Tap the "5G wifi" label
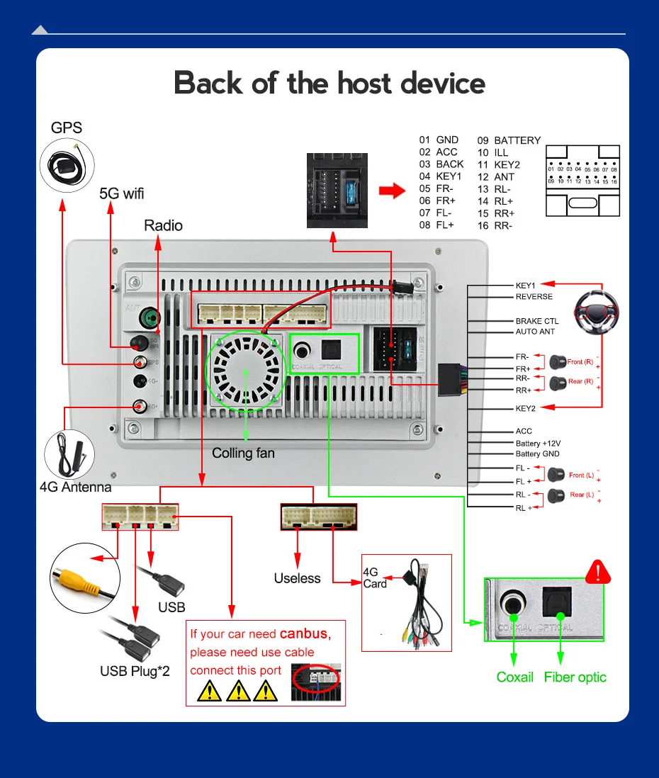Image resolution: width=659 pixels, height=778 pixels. tap(121, 193)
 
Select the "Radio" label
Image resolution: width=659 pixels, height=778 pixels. tap(163, 225)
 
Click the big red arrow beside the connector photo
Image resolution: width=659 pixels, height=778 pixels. tap(390, 191)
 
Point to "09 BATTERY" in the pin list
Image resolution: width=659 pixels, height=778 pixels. tap(509, 140)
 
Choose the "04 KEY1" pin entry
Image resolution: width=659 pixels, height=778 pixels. tap(440, 176)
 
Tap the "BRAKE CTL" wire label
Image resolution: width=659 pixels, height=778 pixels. tap(537, 321)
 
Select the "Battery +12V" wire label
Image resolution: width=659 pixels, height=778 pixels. tap(538, 443)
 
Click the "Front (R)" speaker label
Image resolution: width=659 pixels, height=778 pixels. tap(580, 362)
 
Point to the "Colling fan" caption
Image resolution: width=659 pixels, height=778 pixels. tap(243, 453)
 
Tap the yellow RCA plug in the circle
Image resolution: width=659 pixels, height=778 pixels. tap(81, 575)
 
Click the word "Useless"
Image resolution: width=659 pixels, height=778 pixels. tap(297, 579)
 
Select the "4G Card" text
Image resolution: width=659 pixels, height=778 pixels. tap(375, 578)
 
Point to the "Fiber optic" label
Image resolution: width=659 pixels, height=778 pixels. tap(575, 677)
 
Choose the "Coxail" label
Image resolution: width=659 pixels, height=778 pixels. tap(515, 677)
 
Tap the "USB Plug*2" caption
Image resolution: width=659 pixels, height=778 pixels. tap(135, 670)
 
